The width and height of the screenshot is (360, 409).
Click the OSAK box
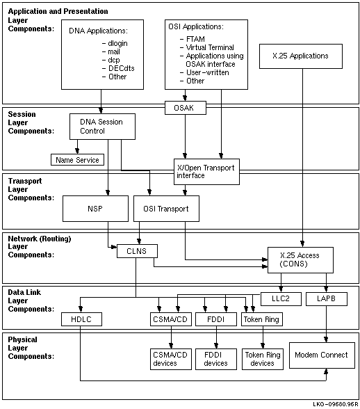(x=186, y=108)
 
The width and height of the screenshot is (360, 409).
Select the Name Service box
(x=77, y=160)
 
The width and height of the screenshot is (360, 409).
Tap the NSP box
(x=95, y=209)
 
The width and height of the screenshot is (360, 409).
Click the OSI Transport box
(x=166, y=209)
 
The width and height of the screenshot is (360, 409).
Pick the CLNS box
(x=137, y=251)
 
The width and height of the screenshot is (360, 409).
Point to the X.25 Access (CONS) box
(x=300, y=260)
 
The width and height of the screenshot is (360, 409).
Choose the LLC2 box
(x=281, y=298)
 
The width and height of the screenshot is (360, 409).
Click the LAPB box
(x=327, y=298)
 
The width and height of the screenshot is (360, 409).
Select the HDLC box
(x=81, y=319)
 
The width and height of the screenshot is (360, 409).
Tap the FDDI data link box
(x=216, y=319)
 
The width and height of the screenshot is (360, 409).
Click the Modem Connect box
(x=322, y=355)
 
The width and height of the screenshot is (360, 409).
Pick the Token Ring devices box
(x=263, y=359)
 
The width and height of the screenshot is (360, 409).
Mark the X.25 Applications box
(x=301, y=56)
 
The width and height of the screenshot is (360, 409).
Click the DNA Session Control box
(x=102, y=127)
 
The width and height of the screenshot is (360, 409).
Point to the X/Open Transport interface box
(x=206, y=172)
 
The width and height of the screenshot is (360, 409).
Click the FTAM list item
(x=193, y=39)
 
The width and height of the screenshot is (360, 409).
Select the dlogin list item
(x=115, y=43)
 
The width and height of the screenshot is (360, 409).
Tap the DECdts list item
(x=118, y=68)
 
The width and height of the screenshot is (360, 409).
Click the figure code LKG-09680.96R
(x=336, y=404)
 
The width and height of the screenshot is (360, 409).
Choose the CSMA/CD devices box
(x=171, y=359)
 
